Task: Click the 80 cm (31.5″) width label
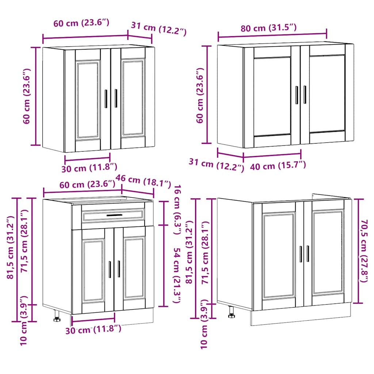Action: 268,28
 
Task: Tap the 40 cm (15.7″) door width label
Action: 278,166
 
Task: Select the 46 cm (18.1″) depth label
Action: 143,180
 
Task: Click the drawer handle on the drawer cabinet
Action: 114,215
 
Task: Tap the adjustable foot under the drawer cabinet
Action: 57,316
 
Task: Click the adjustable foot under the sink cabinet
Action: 232,312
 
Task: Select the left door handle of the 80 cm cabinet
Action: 297,95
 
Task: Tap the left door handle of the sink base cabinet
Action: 301,254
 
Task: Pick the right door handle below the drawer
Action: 119,269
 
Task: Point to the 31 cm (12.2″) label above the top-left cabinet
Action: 159,29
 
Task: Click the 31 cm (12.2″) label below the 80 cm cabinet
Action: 217,164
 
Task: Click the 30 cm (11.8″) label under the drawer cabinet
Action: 93,330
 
